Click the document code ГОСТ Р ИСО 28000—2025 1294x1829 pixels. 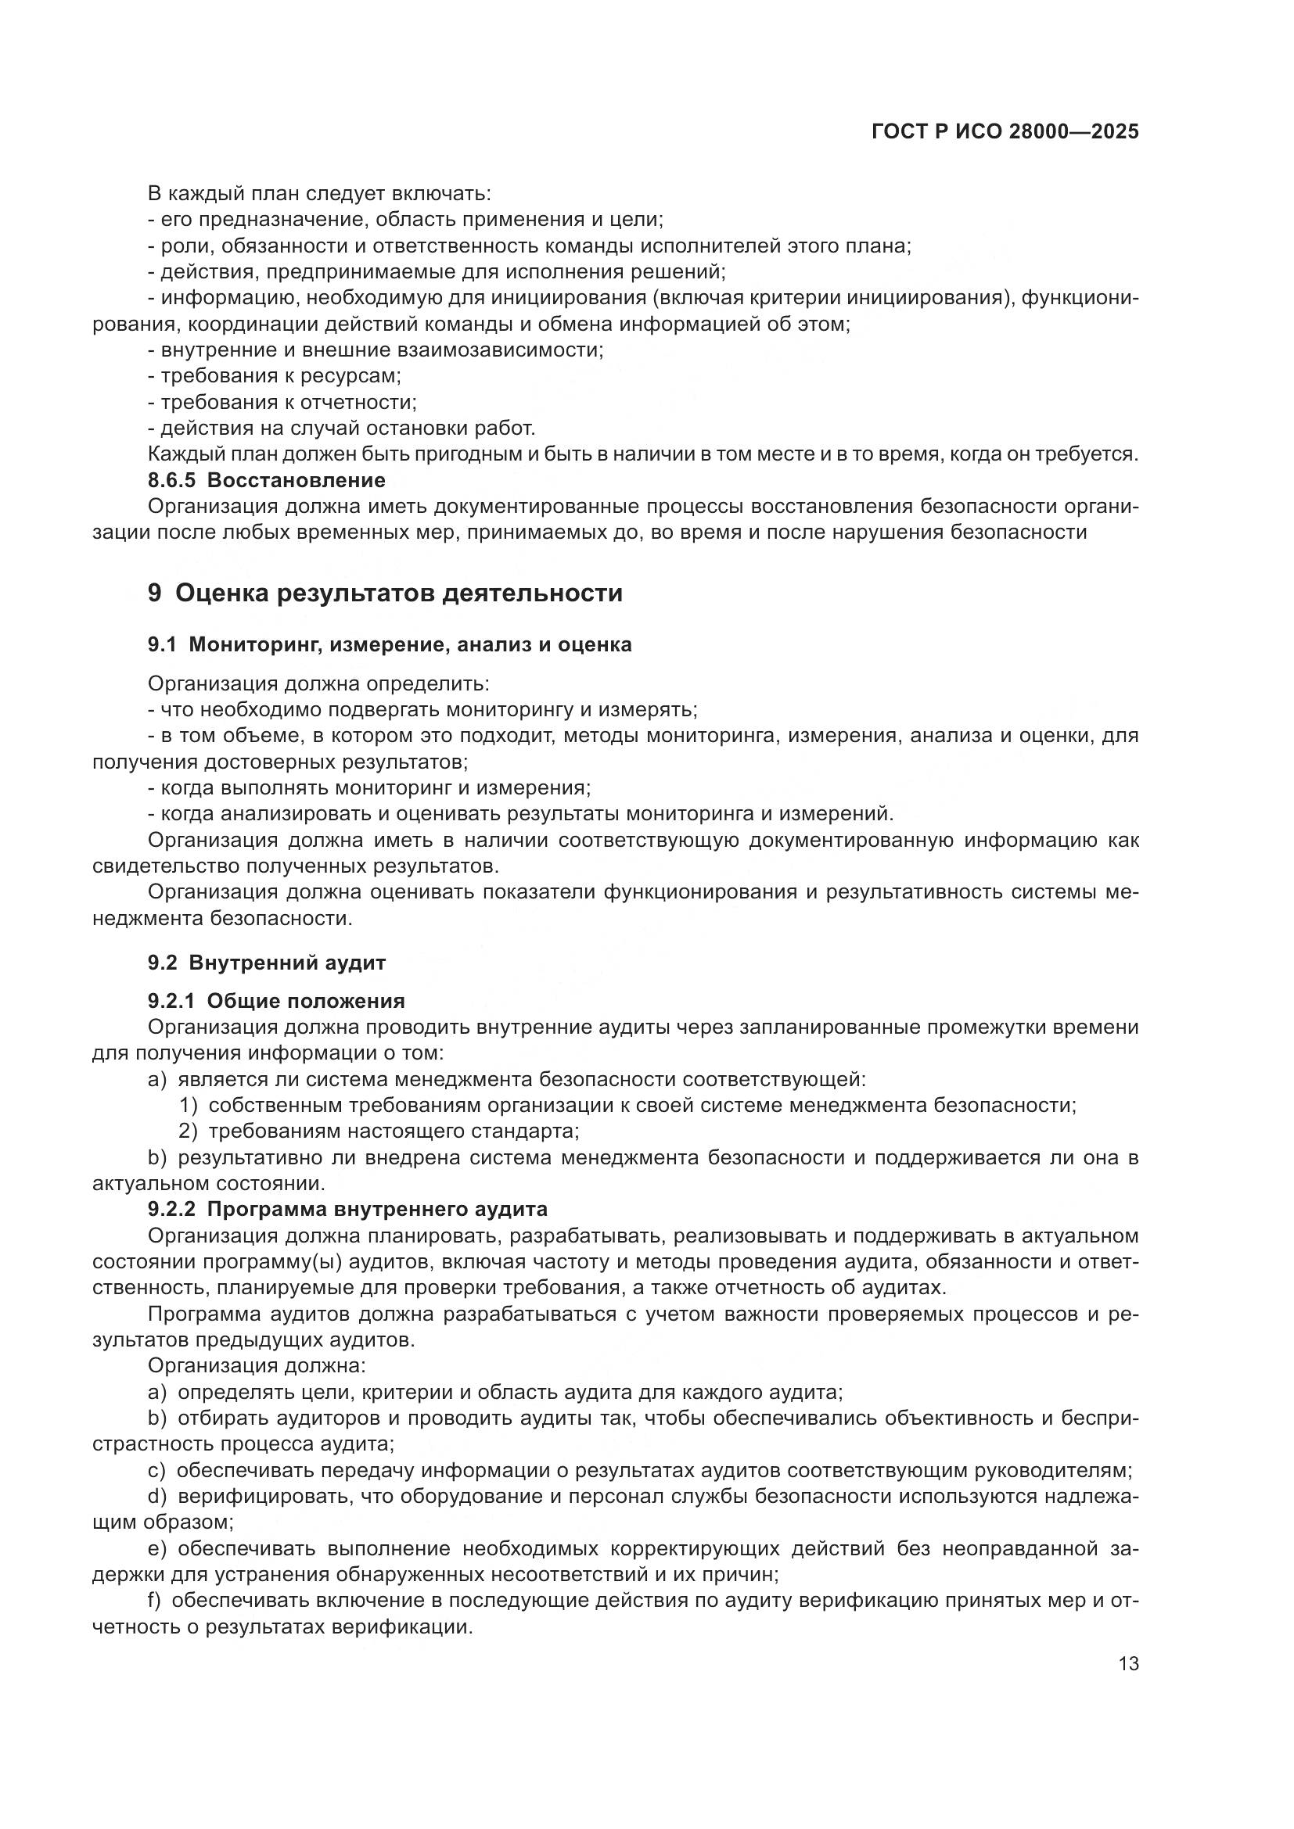click(1005, 132)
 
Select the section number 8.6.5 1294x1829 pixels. click(171, 480)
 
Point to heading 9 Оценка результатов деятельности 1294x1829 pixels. click(385, 593)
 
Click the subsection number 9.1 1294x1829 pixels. click(162, 644)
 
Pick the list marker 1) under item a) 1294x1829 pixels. click(188, 1105)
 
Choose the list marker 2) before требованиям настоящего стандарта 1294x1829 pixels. click(188, 1131)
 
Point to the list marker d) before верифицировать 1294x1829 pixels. click(157, 1496)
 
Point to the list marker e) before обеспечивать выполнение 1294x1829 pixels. click(157, 1548)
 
